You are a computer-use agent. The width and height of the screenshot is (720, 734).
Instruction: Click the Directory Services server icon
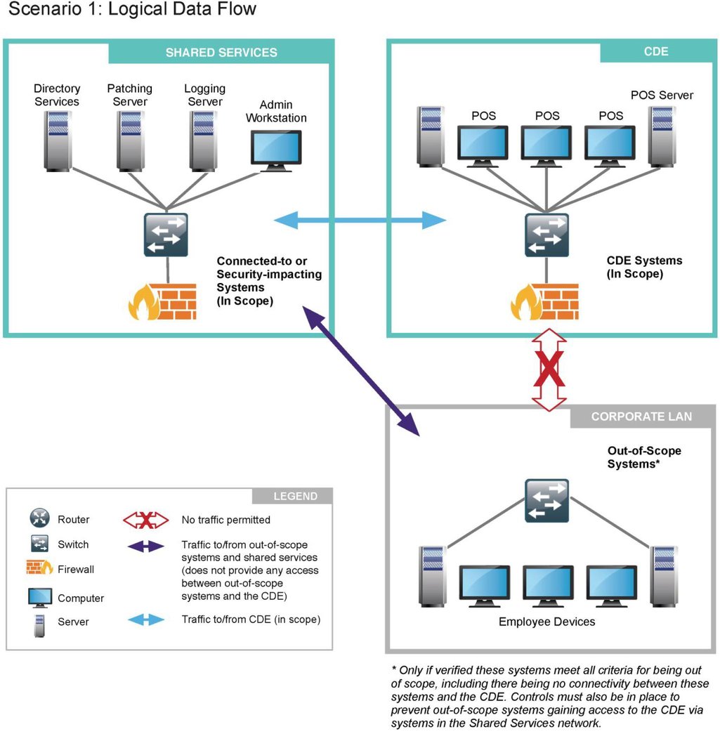click(x=58, y=140)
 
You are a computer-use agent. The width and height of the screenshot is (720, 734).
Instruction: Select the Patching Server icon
click(x=131, y=140)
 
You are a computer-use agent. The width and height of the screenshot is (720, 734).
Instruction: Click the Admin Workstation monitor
click(x=276, y=150)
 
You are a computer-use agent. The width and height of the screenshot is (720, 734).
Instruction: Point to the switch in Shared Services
click(x=166, y=235)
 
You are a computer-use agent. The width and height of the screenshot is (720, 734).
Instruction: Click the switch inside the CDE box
click(x=546, y=235)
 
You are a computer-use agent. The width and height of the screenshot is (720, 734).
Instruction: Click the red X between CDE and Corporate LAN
click(x=549, y=371)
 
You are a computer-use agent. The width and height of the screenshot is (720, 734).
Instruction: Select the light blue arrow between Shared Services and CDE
click(x=359, y=221)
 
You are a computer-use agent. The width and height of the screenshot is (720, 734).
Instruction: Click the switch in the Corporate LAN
click(x=546, y=500)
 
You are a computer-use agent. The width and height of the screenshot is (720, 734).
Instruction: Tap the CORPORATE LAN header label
click(x=641, y=417)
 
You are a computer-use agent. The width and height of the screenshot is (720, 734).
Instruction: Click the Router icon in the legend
click(x=39, y=520)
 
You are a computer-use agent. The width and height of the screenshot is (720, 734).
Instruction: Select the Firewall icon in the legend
click(x=39, y=568)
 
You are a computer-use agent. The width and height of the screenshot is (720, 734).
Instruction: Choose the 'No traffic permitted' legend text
click(x=225, y=520)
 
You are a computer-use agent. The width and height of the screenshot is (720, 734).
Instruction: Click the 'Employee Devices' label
click(x=546, y=622)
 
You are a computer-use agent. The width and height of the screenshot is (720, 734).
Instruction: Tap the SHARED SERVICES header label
click(x=221, y=53)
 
